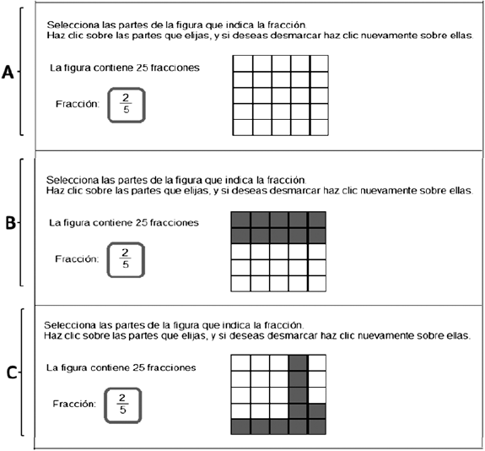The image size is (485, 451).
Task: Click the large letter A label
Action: click(x=8, y=73)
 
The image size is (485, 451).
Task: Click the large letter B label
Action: click(x=10, y=222)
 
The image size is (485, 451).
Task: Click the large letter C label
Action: click(x=12, y=372)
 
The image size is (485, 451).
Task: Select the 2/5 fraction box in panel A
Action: click(x=127, y=105)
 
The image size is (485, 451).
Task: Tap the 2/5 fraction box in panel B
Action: click(x=126, y=259)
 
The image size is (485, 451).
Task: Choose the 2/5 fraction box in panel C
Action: click(x=123, y=405)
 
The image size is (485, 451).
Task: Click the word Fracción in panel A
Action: click(x=78, y=104)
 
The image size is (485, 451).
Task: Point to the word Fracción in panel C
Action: click(x=74, y=404)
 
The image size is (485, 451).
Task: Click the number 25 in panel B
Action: click(x=143, y=222)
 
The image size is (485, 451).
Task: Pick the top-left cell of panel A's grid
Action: click(x=243, y=63)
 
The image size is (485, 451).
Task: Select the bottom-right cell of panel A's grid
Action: click(x=319, y=128)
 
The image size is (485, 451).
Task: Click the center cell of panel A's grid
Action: click(x=281, y=95)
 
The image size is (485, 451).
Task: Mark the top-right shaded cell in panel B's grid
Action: click(x=317, y=220)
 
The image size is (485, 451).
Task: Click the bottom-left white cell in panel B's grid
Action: click(x=240, y=284)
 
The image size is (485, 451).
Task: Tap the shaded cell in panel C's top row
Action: click(x=299, y=362)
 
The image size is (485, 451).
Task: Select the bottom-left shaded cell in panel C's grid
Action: click(x=240, y=427)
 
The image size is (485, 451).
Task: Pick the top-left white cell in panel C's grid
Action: click(x=240, y=362)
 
